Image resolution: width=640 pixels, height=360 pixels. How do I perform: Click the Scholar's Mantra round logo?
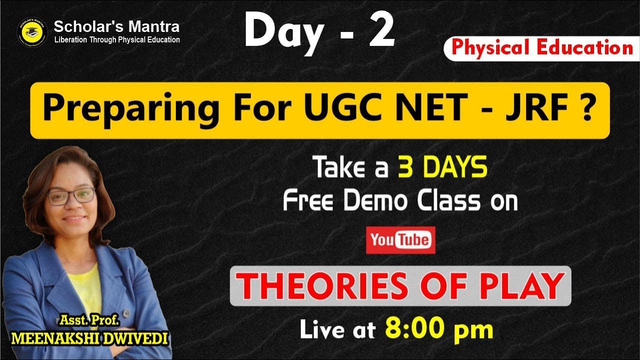tap(32, 32)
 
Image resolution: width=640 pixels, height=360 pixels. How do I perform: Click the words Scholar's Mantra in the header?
tap(116, 26)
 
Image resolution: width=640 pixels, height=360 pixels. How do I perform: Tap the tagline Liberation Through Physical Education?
tap(117, 40)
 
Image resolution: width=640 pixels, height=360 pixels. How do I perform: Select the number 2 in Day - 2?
tap(381, 31)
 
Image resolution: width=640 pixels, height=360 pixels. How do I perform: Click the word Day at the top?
tap(283, 31)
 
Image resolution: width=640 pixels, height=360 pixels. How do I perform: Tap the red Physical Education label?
tap(542, 48)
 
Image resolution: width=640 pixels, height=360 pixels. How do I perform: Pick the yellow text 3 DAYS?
tap(442, 168)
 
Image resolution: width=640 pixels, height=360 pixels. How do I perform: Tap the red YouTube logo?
tap(400, 240)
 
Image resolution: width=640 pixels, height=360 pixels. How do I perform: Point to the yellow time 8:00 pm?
tap(439, 329)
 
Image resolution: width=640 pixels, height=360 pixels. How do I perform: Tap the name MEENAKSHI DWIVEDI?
tap(90, 338)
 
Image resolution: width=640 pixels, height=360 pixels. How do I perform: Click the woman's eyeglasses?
tap(71, 195)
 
